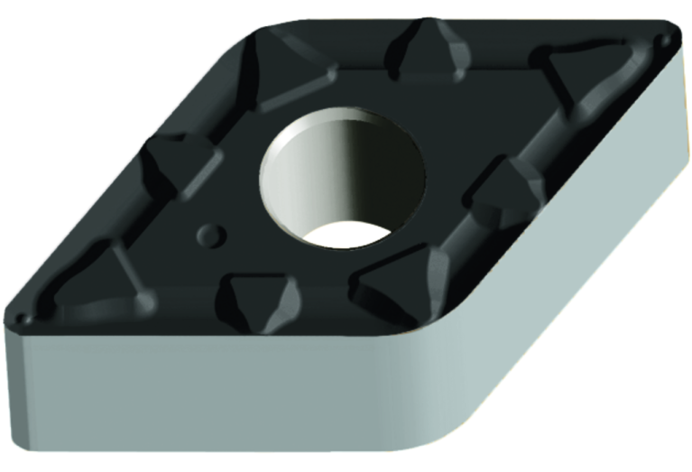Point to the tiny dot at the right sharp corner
click(665, 39)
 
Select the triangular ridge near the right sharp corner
click(564, 72)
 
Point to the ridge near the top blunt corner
click(271, 63)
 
